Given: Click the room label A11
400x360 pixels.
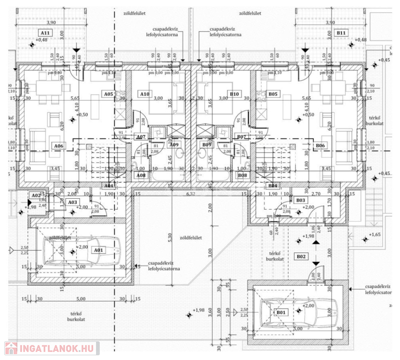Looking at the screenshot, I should click(45, 33).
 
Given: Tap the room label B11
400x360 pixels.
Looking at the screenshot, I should click(341, 33).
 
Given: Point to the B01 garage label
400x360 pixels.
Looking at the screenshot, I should click(281, 312).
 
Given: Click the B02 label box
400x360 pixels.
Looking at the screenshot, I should click(301, 256).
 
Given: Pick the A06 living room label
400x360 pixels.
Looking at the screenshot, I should click(59, 146).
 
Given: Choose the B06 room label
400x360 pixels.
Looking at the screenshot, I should click(320, 146).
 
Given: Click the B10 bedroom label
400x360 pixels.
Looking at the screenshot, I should click(235, 94).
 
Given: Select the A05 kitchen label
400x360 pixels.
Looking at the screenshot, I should click(109, 94).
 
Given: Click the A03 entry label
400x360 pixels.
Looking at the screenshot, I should click(72, 202).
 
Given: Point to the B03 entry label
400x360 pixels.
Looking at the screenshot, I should click(301, 200).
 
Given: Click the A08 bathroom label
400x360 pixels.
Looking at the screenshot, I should click(140, 175).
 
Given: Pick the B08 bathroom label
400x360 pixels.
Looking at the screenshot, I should click(243, 175).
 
